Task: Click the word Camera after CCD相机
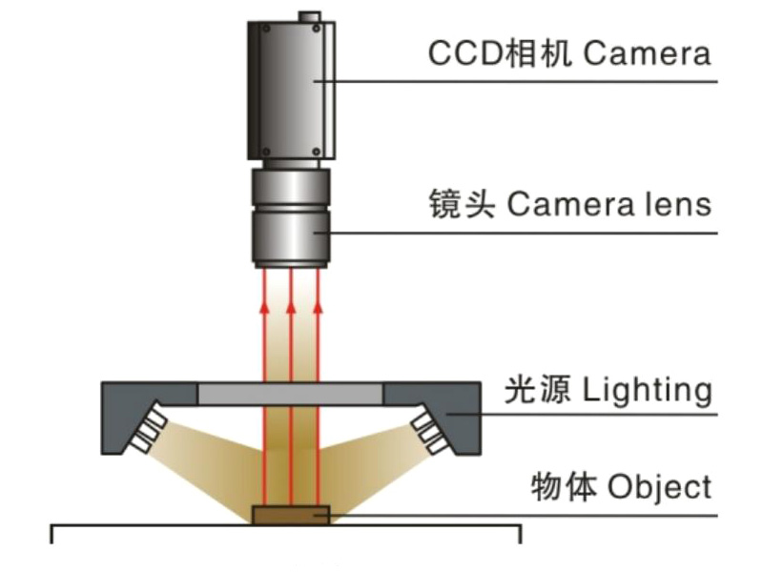coord(647,52)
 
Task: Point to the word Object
coord(659,487)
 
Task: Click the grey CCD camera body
coord(291,91)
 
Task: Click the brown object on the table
coord(291,516)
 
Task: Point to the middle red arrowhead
coord(291,305)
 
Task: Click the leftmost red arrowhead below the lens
coord(264,305)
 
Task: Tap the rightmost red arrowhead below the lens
coord(318,305)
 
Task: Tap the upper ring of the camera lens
coord(291,186)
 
